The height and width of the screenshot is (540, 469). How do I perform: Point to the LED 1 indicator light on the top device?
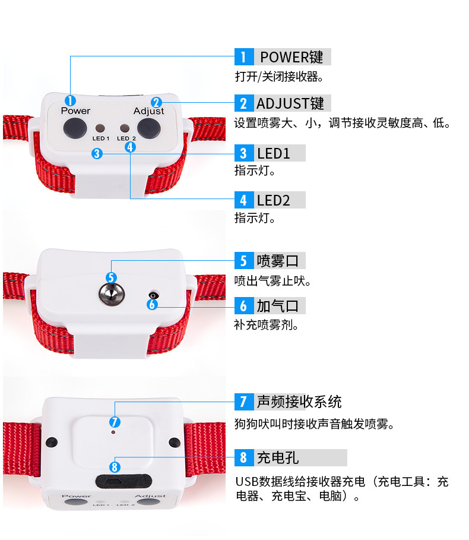click(100, 128)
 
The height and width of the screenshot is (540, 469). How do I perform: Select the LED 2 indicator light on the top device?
click(124, 128)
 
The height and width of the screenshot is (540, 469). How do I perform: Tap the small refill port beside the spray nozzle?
click(154, 295)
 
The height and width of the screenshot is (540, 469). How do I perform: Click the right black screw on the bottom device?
click(174, 442)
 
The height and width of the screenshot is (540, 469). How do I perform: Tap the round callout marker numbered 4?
click(131, 146)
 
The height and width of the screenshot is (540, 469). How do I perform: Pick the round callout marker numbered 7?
click(115, 422)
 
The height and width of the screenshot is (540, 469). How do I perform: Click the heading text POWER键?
click(291, 57)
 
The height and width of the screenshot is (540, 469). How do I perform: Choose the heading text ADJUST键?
click(290, 103)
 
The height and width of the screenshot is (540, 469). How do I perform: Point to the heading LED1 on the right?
click(274, 153)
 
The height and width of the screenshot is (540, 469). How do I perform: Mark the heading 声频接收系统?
click(299, 402)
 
